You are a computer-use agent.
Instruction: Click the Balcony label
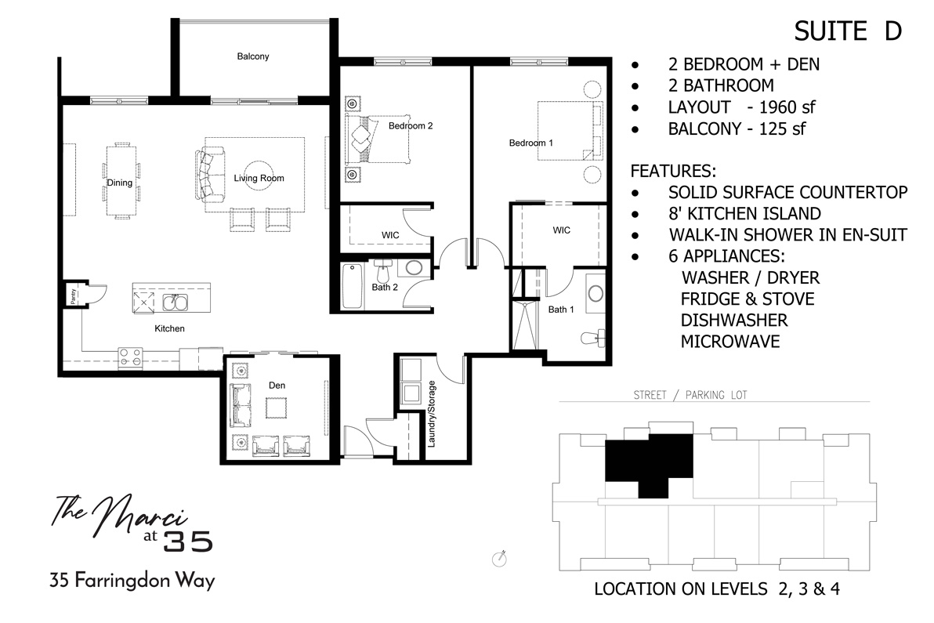[253, 56]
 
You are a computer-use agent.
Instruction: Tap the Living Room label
[259, 178]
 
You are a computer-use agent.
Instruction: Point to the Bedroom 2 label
[411, 125]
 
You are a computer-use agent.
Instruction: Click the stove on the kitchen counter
[130, 357]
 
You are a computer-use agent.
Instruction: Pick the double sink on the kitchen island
[174, 302]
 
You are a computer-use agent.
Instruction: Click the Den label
[276, 385]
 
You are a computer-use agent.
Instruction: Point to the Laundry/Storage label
[431, 414]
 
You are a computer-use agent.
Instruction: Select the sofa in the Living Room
[205, 174]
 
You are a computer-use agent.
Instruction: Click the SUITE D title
[848, 31]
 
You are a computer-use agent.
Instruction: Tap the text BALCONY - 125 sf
[737, 129]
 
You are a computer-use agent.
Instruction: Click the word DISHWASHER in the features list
[733, 320]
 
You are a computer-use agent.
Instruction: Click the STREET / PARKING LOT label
[690, 395]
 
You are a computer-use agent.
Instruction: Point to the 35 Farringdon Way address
[132, 581]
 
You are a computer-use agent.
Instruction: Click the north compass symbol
[498, 558]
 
